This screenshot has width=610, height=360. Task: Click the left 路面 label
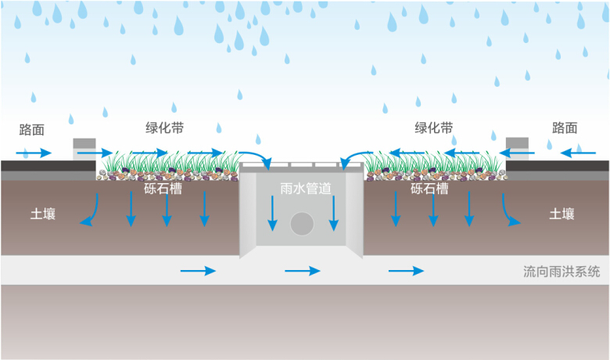pos(34,128)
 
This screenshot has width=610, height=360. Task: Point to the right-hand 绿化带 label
pos(433,128)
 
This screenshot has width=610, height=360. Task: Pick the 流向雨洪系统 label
pos(562,272)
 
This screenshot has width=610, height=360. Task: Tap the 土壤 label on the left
pos(44,213)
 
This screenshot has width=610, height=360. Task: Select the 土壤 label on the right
pos(562,213)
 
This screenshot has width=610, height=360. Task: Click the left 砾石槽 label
pos(163,189)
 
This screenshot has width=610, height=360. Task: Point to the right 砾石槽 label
pos(429,189)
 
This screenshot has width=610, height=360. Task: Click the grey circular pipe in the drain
pos(302,225)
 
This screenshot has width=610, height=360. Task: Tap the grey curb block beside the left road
pos(84,149)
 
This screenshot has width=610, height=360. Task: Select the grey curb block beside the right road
pos(518,149)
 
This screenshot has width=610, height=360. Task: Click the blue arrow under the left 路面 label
pos(36,152)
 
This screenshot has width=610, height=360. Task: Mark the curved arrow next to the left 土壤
pos(91,212)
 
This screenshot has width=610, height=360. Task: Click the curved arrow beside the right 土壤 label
pos(509,211)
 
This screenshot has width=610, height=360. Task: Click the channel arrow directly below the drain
pos(302,271)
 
